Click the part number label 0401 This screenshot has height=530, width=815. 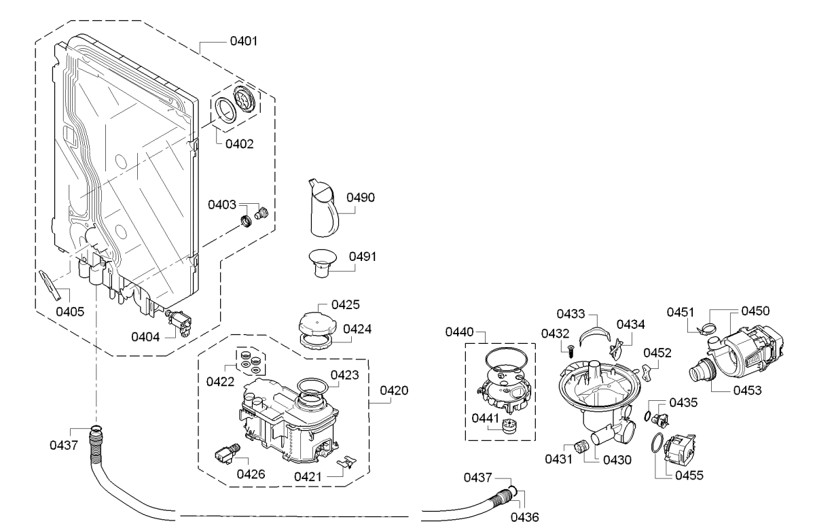(x=244, y=41)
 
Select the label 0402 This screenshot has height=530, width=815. (x=239, y=144)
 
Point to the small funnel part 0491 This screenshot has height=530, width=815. (x=323, y=264)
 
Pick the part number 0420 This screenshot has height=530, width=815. (x=394, y=391)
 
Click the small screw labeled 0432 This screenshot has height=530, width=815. (x=570, y=353)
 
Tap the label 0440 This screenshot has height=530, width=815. (x=460, y=332)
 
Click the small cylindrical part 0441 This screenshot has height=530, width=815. (x=510, y=426)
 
